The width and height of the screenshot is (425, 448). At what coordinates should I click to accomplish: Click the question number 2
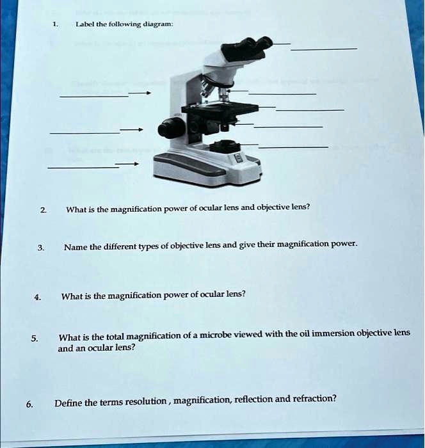click(42, 210)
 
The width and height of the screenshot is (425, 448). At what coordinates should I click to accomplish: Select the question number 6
click(29, 404)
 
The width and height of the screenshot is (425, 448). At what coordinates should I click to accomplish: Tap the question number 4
click(38, 296)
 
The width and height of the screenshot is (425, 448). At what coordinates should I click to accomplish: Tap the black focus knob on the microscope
click(171, 128)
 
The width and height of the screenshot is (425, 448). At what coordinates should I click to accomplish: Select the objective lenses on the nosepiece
click(211, 89)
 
